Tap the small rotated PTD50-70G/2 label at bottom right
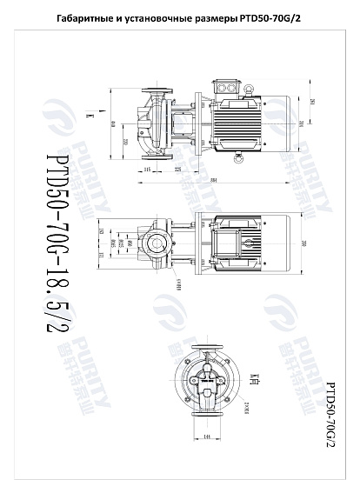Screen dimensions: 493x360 pos(331,412)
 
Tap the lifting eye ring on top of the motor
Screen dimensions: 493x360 pos(247,86)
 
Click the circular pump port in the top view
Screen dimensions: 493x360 pos(155,243)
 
